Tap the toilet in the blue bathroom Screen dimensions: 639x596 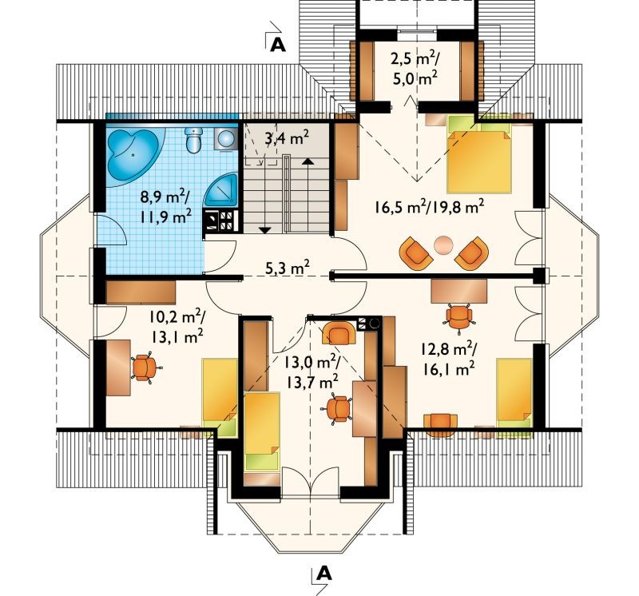193,140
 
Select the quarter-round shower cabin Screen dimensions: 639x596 221,189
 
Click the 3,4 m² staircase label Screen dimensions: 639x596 287,138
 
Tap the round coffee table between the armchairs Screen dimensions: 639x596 443,245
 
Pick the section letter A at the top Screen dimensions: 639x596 278,45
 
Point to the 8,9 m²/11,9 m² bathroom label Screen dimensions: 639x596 165,207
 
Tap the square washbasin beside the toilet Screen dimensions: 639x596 225,138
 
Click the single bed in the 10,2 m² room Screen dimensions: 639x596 220,398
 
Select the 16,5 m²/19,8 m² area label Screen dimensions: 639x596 430,206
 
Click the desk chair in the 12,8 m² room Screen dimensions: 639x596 458,316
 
